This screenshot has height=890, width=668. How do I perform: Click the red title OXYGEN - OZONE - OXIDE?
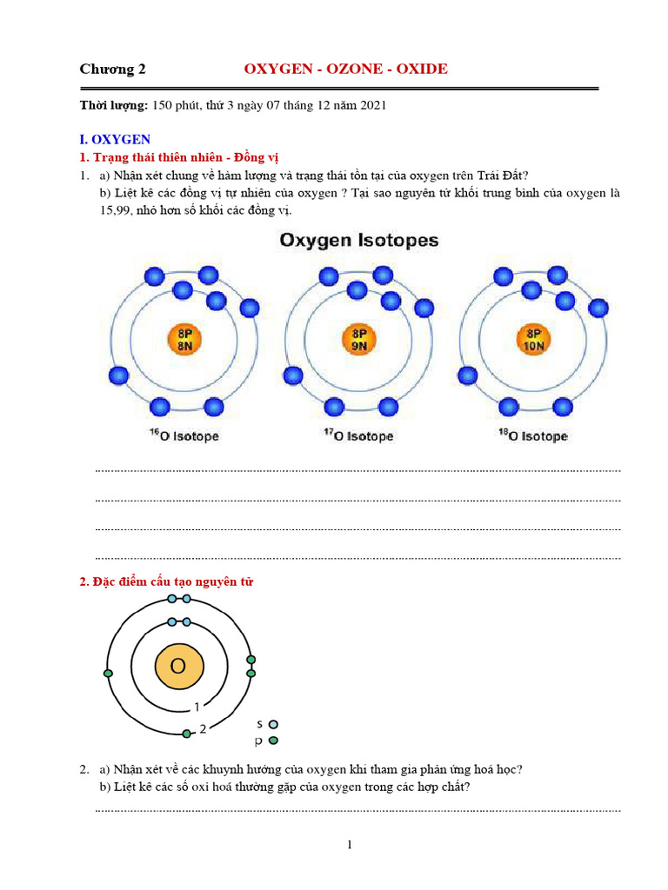[345, 69]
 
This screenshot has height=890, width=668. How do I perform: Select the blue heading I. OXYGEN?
[115, 139]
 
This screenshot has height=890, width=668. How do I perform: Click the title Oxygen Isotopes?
[358, 240]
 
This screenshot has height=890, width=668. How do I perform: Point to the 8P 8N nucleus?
[184, 338]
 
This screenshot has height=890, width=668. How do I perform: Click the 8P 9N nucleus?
[358, 338]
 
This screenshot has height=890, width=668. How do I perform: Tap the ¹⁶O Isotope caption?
[184, 435]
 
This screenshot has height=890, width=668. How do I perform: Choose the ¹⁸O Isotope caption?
[533, 435]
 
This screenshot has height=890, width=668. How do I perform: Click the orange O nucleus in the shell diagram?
[179, 667]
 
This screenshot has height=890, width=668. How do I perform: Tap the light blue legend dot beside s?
[274, 723]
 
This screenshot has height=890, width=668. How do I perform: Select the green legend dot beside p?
[274, 741]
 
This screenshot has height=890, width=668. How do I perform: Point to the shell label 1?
[197, 707]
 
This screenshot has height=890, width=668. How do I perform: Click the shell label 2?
[203, 729]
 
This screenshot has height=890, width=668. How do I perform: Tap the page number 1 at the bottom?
[349, 844]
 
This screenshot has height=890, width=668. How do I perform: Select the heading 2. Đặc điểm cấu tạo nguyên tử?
[166, 581]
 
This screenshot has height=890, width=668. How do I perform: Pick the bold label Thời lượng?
[114, 105]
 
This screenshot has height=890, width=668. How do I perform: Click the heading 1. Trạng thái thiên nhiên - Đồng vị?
[190, 157]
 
